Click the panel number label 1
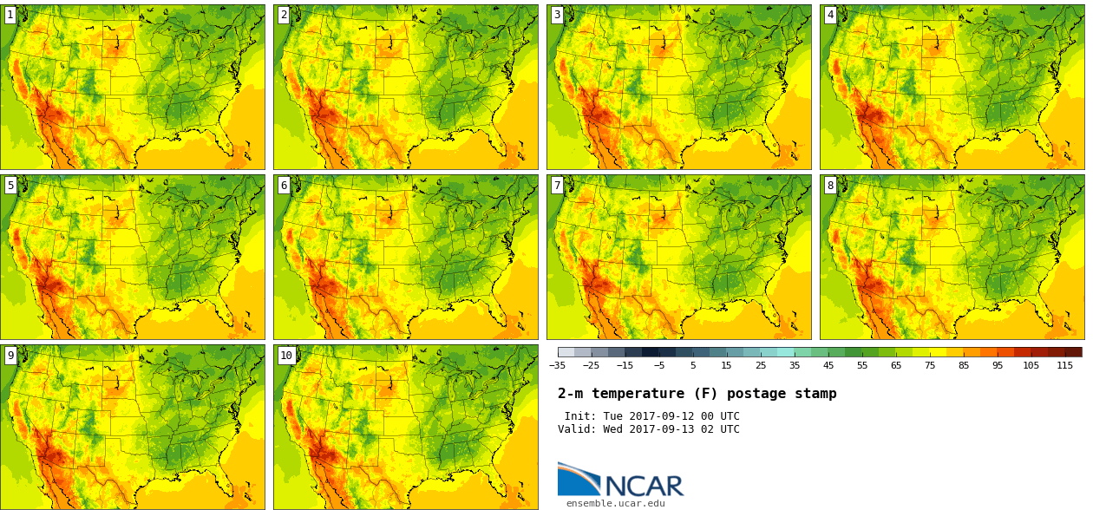[x=10, y=15]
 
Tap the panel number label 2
[x=284, y=15]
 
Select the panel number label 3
[x=557, y=15]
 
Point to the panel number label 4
[x=830, y=15]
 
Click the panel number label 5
[x=10, y=185]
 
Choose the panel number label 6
[x=284, y=185]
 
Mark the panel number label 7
[x=557, y=185]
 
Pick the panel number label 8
[x=830, y=185]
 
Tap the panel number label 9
[x=10, y=355]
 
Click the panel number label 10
[x=286, y=355]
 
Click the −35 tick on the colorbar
[x=557, y=366]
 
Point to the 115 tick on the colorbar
[x=1064, y=366]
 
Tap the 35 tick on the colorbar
[x=795, y=366]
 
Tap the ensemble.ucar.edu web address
[x=615, y=503]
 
